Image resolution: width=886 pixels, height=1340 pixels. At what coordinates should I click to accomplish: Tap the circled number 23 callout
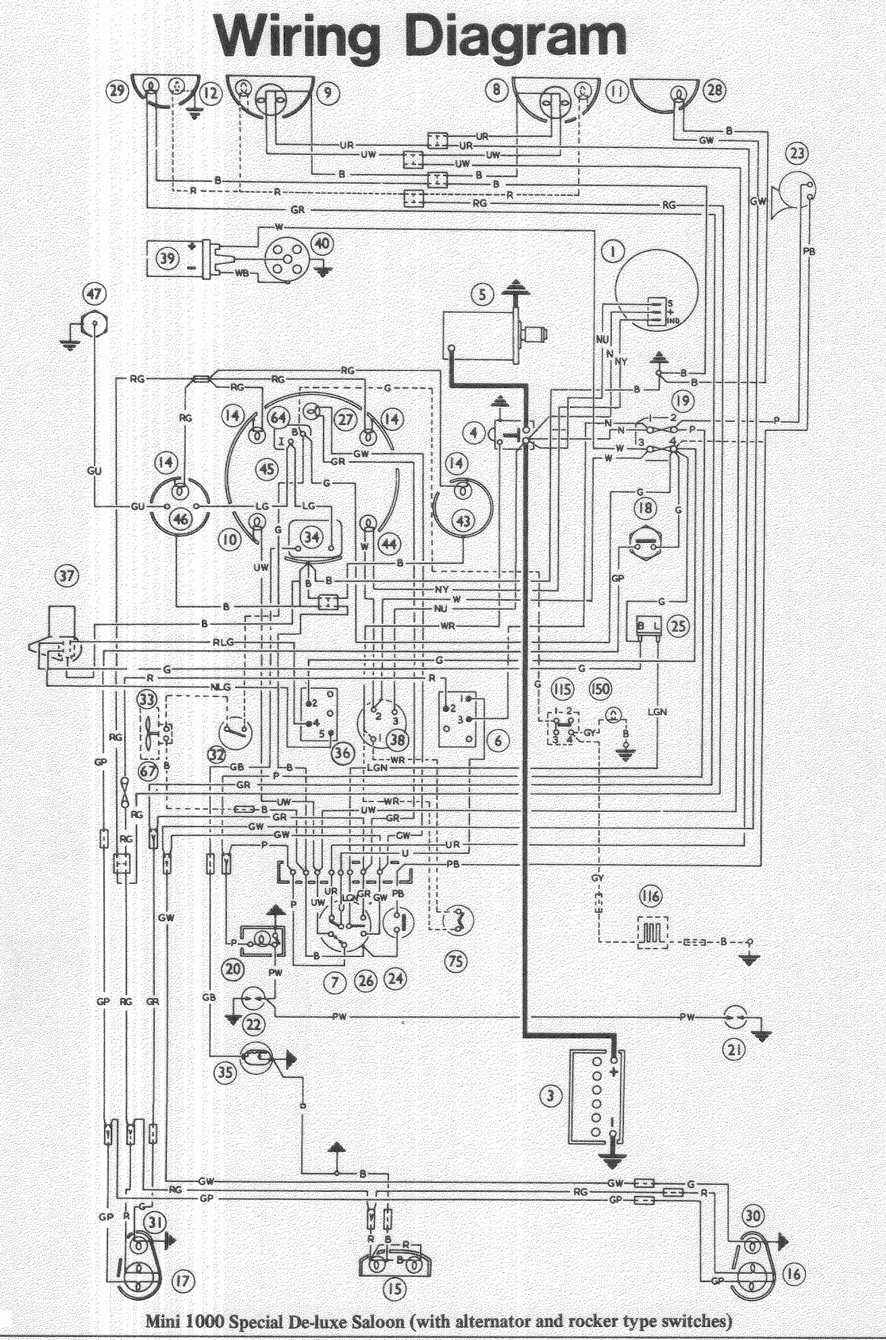click(799, 154)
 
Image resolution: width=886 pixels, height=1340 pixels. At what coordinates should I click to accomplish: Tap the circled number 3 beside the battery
click(552, 1097)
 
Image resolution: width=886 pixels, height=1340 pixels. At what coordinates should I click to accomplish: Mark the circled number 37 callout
click(67, 576)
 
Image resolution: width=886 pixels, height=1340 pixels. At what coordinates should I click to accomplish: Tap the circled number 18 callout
click(645, 508)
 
